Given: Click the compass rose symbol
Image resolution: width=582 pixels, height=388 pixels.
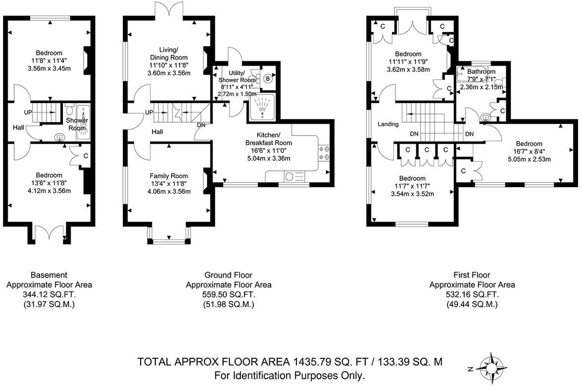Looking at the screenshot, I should pos(491,368).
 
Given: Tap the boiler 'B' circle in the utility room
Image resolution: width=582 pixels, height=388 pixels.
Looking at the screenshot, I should pos(268,78).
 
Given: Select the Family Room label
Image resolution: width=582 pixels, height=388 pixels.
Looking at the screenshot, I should pos(169,175).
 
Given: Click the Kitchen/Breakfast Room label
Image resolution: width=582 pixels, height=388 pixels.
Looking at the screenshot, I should pos(268,139).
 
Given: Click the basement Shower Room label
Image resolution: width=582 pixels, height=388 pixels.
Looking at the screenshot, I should pos(77,124).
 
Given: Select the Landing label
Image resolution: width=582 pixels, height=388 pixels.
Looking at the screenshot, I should pos(388,124).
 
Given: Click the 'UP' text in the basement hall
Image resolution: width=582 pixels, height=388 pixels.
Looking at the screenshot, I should pos(28,113).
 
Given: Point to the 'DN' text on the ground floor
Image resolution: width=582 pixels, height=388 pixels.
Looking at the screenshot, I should pos(201,125).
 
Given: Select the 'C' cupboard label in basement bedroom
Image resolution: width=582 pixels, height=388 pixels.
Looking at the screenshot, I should pos(86,156).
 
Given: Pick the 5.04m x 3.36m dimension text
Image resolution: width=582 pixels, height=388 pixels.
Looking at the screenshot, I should pos(268,158).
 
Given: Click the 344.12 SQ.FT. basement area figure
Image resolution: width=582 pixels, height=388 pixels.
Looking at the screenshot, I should pos(48,294).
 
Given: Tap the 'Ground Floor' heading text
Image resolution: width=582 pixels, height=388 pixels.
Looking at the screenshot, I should pos(228,275).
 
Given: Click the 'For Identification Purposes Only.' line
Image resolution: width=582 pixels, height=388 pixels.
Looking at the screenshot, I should pos(290,375).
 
